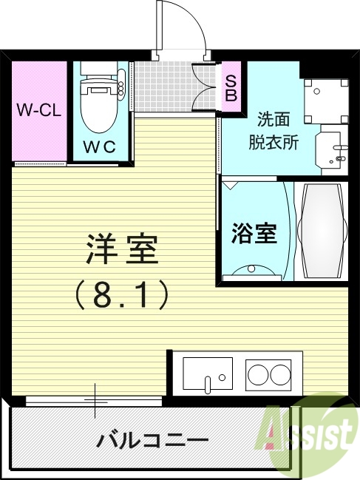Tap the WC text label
click(100, 146)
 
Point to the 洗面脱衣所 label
click(277, 131)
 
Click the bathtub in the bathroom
click(322, 229)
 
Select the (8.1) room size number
click(122, 296)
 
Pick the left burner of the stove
click(259, 376)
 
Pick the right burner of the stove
click(282, 376)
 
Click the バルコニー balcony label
click(151, 442)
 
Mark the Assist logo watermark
click(305, 433)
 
